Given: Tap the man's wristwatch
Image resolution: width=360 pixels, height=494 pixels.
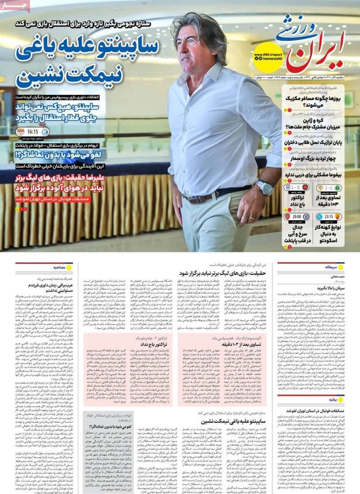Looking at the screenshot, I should pyautogui.click(x=264, y=187).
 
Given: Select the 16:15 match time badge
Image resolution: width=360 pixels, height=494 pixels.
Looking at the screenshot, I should pyautogui.click(x=32, y=131).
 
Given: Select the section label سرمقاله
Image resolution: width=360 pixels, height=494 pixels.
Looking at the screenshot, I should pyautogui.click(x=332, y=266).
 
